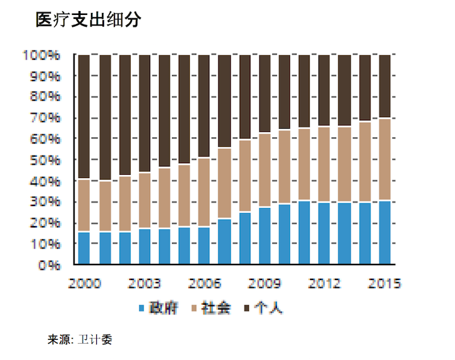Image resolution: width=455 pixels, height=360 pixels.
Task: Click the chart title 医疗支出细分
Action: (x=89, y=19)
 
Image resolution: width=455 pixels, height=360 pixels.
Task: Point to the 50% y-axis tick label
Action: (x=45, y=160)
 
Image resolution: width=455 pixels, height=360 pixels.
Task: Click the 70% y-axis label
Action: (x=45, y=118)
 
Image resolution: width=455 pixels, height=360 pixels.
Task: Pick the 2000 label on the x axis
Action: (x=84, y=283)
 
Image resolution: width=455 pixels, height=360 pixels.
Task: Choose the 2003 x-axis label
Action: (x=144, y=283)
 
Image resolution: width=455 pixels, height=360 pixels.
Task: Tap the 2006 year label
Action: (x=204, y=283)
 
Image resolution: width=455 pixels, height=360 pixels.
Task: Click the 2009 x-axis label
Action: (x=265, y=283)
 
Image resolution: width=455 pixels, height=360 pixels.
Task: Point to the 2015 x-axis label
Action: (x=384, y=283)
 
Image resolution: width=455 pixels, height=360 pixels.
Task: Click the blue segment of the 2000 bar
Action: (x=84, y=248)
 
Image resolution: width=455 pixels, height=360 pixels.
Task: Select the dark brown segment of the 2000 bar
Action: (x=84, y=117)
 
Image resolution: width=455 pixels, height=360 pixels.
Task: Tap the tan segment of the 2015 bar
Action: (x=384, y=159)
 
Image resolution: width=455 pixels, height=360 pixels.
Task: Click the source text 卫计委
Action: (x=90, y=339)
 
